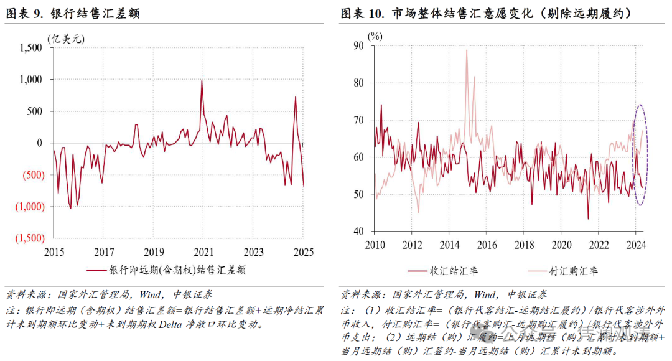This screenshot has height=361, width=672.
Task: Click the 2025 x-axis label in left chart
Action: [x=303, y=252]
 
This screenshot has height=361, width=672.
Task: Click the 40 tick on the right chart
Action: [x=360, y=232]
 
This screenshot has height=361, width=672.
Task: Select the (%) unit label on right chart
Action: [x=375, y=35]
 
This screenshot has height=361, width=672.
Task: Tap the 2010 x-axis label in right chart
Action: [x=375, y=245]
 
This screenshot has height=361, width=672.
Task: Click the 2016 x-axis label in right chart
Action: [x=487, y=245]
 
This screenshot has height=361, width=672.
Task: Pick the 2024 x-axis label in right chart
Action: [x=636, y=245]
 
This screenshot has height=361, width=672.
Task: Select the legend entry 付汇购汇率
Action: [x=573, y=271]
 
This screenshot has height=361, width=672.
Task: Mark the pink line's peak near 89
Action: [x=467, y=50]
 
